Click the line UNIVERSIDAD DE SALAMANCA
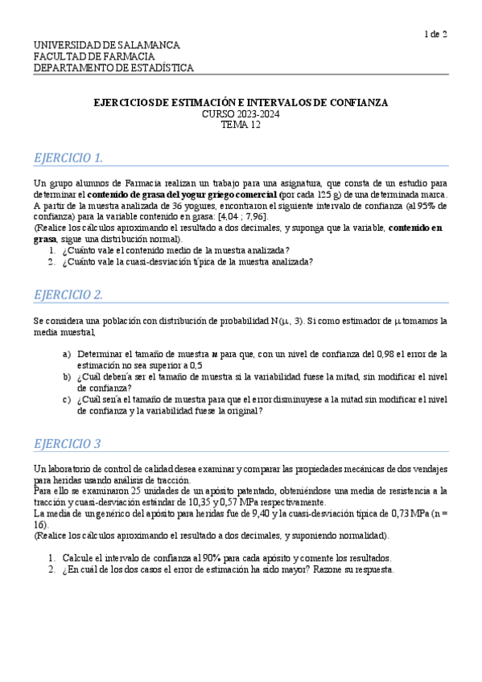[106, 45]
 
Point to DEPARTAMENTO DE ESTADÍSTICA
[113, 68]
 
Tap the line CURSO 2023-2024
[241, 114]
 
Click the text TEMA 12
[241, 125]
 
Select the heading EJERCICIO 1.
[68, 157]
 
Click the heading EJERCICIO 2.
[68, 294]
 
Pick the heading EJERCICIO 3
[67, 443]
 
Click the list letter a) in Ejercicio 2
[67, 354]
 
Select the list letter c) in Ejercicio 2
[67, 399]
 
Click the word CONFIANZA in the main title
[358, 103]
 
